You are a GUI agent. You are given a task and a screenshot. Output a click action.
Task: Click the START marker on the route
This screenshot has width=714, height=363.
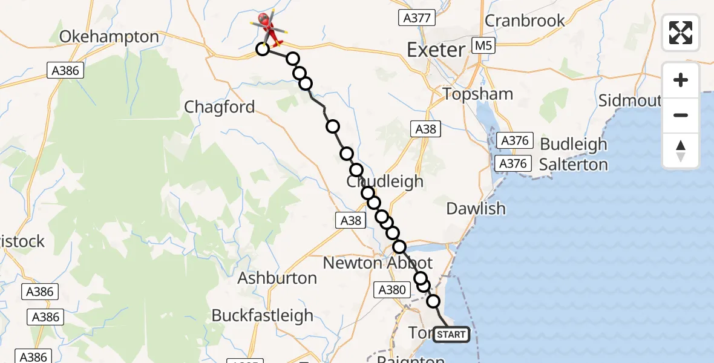pos(451,335)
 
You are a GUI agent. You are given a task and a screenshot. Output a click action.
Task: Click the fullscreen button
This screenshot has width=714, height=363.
pos(681,33)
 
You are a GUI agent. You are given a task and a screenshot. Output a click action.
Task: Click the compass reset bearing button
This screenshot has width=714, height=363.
pos(681,151)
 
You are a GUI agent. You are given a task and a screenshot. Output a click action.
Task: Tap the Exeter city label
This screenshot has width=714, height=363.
pos(436,50)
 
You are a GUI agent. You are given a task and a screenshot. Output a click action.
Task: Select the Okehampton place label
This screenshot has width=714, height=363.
pos(109,37)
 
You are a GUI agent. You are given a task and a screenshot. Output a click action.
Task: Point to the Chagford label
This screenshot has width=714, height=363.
pos(219,107)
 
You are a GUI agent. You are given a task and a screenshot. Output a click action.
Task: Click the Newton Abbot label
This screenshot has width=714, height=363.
pos(378,263)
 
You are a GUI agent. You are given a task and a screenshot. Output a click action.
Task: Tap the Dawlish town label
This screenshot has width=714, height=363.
pos(476,209)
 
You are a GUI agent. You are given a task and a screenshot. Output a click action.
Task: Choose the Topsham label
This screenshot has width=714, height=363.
pos(478,94)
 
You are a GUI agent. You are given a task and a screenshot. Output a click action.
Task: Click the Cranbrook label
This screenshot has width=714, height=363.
pos(525,21)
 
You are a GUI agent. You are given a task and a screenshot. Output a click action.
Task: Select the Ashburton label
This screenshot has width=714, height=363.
pos(277,278)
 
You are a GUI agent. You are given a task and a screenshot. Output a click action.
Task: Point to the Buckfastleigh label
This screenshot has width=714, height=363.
pos(262,316)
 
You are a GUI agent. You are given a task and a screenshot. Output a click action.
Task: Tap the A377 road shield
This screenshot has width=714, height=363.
pos(418,18)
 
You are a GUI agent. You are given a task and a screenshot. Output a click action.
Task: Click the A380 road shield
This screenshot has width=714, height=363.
pos(391,290)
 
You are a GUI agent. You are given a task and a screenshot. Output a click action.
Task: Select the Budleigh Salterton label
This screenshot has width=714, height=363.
pos(573,154)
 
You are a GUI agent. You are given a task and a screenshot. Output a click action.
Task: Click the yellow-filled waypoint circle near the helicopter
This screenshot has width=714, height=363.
pos(262,49)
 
